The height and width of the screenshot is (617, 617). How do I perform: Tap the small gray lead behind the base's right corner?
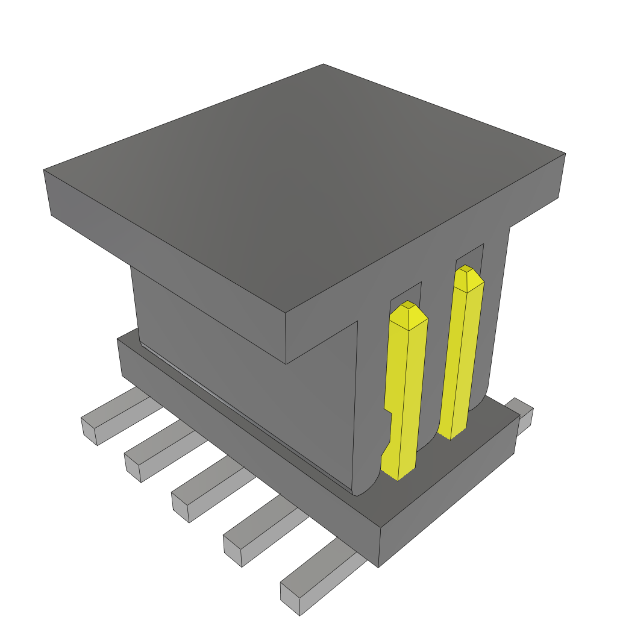click(523, 416)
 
